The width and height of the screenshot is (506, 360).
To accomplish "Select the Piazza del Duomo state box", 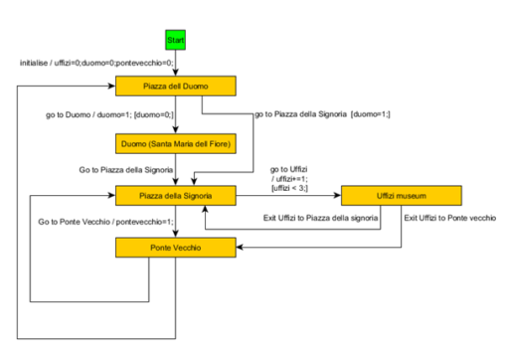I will (x=175, y=87).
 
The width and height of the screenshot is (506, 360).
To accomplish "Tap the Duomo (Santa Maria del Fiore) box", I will (x=175, y=145).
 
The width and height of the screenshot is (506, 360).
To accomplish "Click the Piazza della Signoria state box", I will (x=175, y=194).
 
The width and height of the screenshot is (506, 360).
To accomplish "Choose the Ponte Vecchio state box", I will (x=175, y=244).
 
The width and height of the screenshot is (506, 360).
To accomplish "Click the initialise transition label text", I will (x=96, y=64).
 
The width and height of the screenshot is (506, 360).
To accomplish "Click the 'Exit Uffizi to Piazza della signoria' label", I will (x=321, y=218).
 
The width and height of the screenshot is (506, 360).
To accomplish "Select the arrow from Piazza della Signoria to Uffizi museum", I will (x=288, y=195).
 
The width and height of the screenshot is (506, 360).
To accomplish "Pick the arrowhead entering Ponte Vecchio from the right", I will (x=240, y=245).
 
